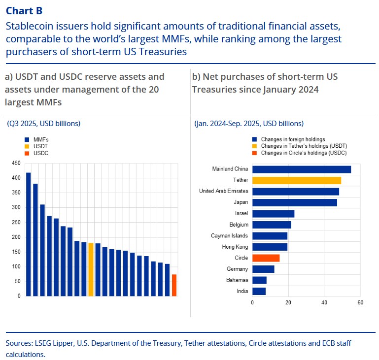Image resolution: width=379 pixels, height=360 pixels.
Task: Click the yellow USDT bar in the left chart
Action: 91,269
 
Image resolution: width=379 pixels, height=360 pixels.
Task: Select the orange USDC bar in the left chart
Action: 174,285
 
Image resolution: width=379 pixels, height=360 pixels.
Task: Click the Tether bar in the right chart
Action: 297,180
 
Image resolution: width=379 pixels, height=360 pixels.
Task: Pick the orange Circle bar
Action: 266,258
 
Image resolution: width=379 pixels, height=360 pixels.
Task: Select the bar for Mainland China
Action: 302,169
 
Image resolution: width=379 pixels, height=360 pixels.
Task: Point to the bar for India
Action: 259,291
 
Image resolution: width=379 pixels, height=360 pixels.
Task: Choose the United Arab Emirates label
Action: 223,191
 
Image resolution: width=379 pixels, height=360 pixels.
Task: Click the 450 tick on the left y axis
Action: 16,163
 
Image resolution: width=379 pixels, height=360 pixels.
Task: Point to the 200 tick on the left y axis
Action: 16,237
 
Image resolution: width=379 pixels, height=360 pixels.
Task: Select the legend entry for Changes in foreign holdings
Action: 293,139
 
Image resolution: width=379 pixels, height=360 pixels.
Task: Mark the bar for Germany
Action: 263,269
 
